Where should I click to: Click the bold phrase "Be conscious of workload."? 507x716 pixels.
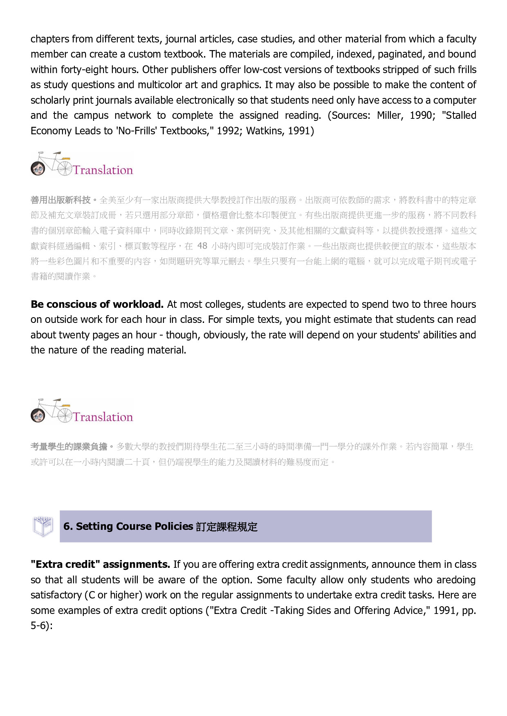[x=97, y=305]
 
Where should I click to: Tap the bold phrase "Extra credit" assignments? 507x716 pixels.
[x=100, y=565]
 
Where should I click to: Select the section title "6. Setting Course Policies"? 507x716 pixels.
[x=128, y=527]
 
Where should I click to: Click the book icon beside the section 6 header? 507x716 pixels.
[x=43, y=526]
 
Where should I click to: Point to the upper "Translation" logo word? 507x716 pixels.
[x=103, y=170]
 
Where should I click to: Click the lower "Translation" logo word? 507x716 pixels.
[x=103, y=417]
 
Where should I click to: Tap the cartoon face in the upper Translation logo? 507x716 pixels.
[x=38, y=168]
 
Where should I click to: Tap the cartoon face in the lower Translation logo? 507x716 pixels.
[x=38, y=416]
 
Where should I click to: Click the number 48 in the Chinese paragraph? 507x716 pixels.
[x=202, y=246]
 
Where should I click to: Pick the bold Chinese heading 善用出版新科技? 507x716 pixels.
[x=61, y=200]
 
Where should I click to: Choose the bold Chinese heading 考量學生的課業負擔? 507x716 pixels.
[x=69, y=447]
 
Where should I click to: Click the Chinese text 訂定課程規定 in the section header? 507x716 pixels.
[x=227, y=527]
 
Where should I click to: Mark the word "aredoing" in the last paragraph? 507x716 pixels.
[x=456, y=580]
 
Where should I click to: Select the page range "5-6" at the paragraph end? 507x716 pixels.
[x=38, y=626]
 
